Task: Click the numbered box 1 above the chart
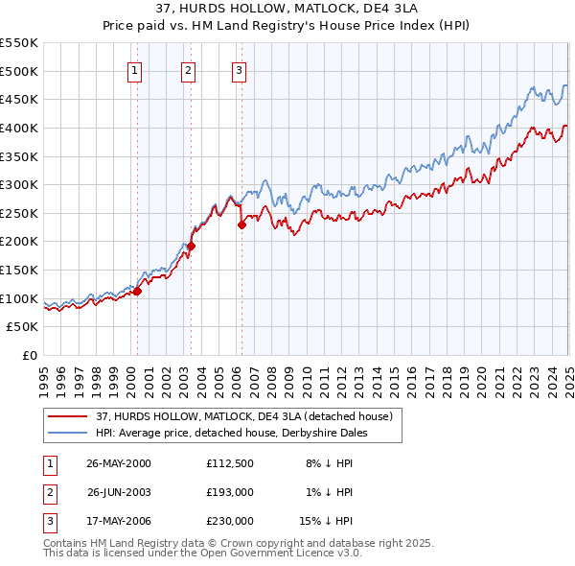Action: click(x=135, y=69)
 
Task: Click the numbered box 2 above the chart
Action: click(x=188, y=69)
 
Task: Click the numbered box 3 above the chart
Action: click(x=239, y=69)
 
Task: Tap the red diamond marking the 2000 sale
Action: click(x=137, y=291)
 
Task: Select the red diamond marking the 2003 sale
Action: click(x=192, y=246)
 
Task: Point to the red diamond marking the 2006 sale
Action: click(x=241, y=224)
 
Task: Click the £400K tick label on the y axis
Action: click(x=20, y=128)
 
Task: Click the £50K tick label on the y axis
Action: click(x=24, y=327)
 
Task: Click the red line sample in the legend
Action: click(x=68, y=417)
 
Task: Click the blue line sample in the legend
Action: click(x=68, y=433)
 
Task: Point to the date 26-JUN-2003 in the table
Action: click(x=119, y=492)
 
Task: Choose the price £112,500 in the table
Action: click(x=230, y=463)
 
